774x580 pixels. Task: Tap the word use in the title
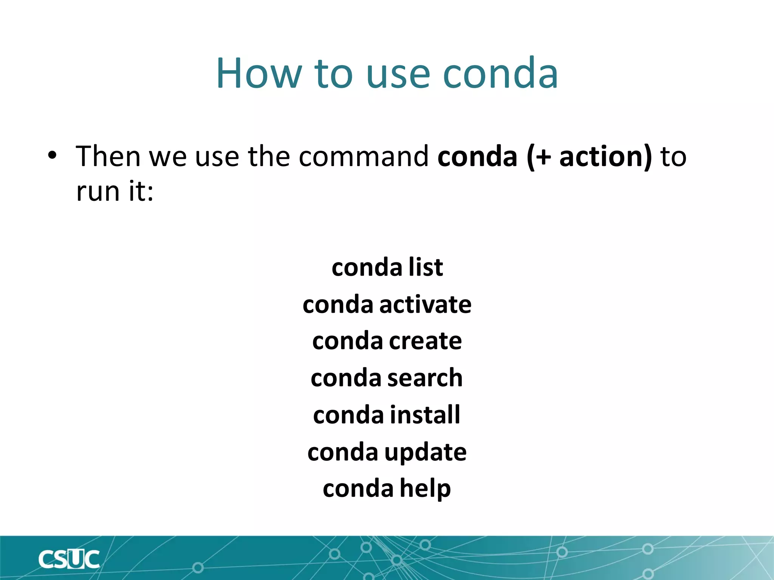[398, 74]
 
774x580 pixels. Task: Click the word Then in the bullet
[108, 156]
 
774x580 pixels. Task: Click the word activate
[425, 304]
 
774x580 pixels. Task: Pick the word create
[425, 341]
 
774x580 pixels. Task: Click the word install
[425, 415]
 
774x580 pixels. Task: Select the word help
[425, 488]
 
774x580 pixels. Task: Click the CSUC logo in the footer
[69, 559]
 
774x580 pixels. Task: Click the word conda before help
[358, 488]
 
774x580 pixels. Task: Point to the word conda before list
[367, 267]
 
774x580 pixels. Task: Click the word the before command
[269, 156]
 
